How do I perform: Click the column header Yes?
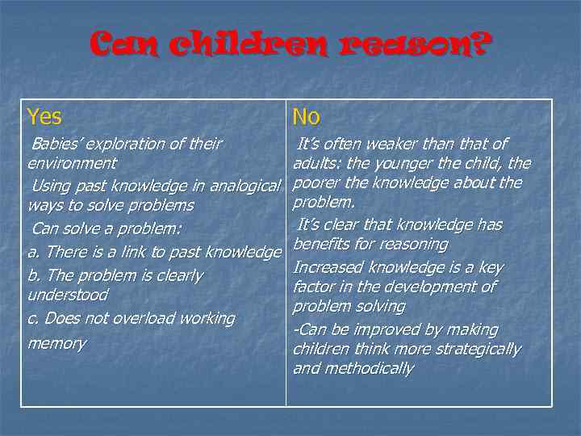(44, 117)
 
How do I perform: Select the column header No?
(306, 117)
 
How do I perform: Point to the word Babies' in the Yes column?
(56, 145)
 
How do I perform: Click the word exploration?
(125, 145)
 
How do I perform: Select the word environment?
(72, 164)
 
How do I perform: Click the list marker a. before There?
(34, 254)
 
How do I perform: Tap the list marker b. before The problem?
(34, 275)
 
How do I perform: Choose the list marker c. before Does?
(33, 318)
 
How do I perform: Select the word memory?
(56, 343)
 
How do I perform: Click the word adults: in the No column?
(320, 164)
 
